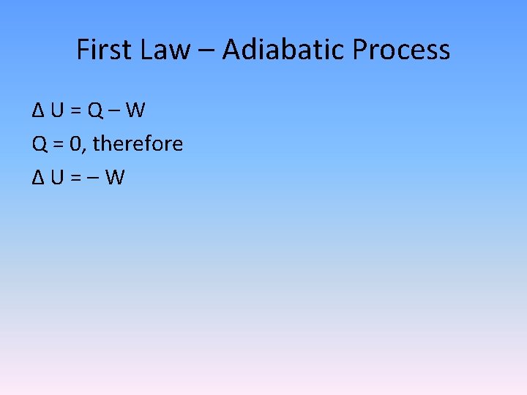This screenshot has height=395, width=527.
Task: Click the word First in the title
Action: [102, 50]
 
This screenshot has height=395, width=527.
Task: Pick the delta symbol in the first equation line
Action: [39, 110]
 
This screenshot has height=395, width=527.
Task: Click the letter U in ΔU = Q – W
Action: [57, 110]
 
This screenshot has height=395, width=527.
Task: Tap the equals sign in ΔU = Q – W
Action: [75, 111]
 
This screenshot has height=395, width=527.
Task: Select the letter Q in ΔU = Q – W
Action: [95, 110]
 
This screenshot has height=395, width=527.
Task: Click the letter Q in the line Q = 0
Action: [40, 144]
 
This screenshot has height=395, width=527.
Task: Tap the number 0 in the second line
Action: [77, 144]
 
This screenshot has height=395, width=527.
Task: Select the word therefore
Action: [138, 143]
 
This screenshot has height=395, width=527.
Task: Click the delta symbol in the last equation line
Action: [39, 177]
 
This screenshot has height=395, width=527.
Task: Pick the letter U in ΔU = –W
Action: [57, 177]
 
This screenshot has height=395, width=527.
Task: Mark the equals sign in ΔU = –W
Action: [75, 178]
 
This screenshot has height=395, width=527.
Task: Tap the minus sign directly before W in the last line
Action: [93, 178]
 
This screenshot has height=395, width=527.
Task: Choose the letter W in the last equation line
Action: [114, 177]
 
